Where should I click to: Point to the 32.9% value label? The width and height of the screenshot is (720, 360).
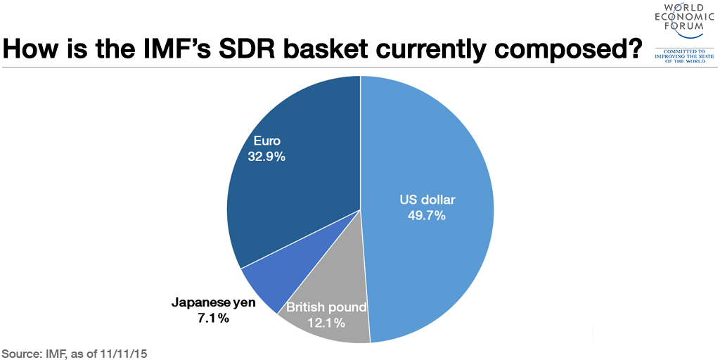[266, 157]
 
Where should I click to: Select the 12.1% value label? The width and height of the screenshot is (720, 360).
[325, 323]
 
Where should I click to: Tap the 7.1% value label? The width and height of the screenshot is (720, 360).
[212, 319]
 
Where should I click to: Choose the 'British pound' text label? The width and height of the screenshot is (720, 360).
[326, 307]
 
